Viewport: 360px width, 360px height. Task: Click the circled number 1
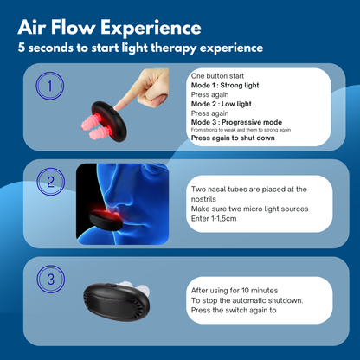click(x=49, y=87)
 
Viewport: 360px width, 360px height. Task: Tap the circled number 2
click(x=51, y=183)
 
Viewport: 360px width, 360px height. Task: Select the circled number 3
click(x=51, y=279)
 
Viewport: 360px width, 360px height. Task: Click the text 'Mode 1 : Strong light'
click(x=224, y=86)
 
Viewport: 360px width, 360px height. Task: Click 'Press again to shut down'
click(x=233, y=138)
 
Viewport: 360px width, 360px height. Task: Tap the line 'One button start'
click(x=216, y=76)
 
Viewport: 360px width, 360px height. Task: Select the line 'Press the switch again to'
click(x=234, y=309)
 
